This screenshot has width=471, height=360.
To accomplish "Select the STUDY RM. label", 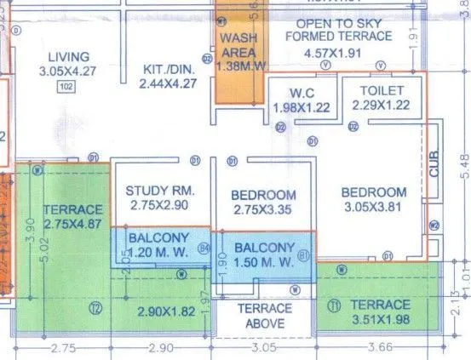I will (156, 190).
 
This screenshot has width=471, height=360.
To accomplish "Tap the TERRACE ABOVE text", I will (264, 316).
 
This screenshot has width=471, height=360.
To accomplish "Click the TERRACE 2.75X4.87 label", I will (72, 216).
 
